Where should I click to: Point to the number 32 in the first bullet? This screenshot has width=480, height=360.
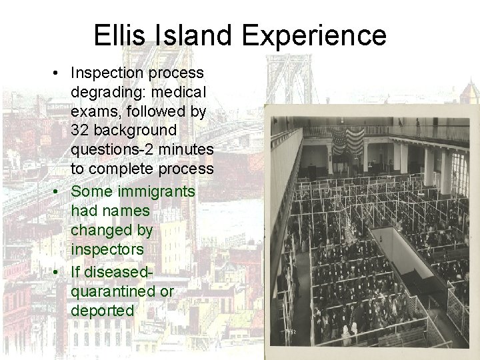[80, 129]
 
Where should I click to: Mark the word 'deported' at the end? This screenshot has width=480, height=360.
[103, 311]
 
